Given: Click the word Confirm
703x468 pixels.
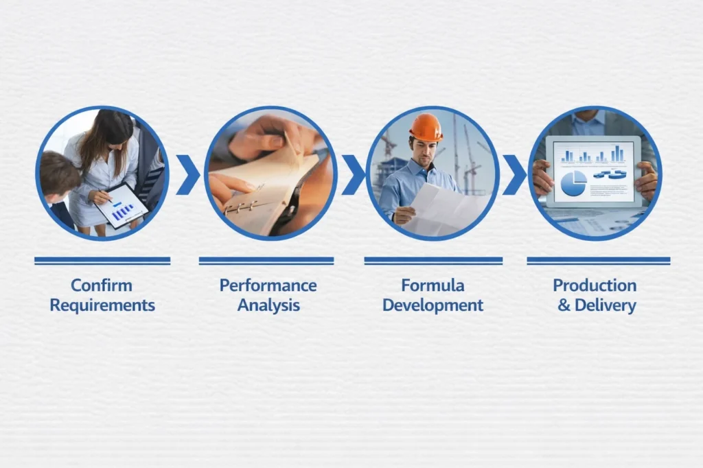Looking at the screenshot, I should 102,285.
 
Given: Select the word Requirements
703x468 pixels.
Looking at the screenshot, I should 102,305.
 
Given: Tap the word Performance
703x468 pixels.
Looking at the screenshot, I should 268,285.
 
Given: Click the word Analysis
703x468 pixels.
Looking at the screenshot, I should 268,305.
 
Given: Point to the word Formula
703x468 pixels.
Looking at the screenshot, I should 433,285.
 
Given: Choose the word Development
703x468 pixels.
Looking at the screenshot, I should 433,305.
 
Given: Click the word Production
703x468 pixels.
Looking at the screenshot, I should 595,285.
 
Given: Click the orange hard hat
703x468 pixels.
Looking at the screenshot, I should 426,128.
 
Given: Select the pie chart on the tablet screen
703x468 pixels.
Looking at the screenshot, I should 574,183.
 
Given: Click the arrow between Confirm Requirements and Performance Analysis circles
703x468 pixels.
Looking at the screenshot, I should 187,174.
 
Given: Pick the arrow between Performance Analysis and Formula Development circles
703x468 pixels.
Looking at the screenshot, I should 352,174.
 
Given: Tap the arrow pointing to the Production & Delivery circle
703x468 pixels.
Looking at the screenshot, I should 514,174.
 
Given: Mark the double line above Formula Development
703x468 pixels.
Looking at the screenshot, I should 433,261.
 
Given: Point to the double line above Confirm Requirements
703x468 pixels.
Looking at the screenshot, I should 102,261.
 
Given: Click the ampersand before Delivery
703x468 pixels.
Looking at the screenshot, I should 564,305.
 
